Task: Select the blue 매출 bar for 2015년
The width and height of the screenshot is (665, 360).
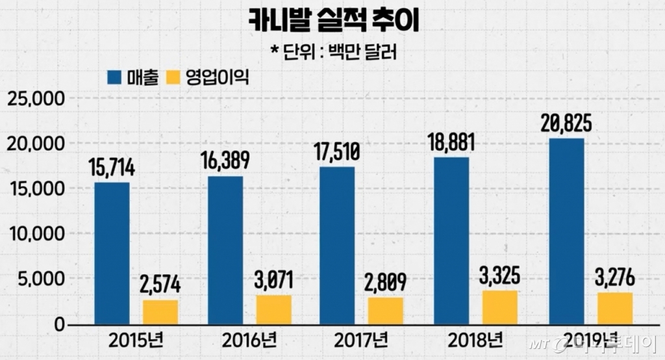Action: (112, 253)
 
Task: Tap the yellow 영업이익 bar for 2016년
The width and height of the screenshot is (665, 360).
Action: (273, 310)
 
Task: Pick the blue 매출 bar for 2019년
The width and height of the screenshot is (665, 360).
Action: (566, 231)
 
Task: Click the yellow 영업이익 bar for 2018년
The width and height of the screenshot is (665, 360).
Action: (501, 307)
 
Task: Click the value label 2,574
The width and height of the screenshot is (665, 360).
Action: (160, 285)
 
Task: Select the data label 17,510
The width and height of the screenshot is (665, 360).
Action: (336, 152)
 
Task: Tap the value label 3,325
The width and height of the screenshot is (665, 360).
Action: (500, 275)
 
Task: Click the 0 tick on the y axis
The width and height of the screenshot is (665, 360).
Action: (59, 324)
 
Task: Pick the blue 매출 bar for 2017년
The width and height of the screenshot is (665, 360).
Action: (337, 246)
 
